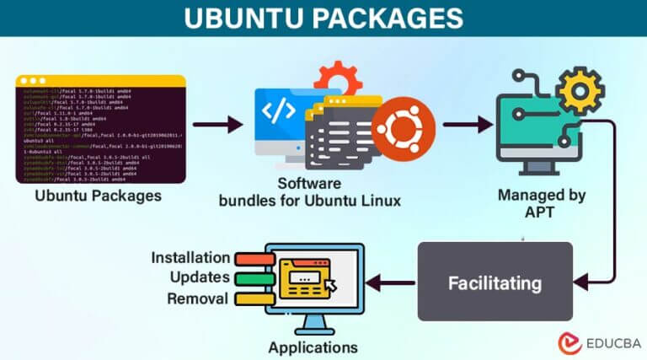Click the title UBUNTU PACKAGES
(x=323, y=18)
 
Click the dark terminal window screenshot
(x=100, y=129)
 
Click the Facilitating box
(x=494, y=281)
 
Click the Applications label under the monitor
(x=313, y=347)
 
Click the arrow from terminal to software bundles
(x=217, y=126)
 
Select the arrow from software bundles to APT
(x=467, y=126)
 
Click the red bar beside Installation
(x=251, y=258)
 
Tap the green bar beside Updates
(x=251, y=278)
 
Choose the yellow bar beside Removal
(x=251, y=298)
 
